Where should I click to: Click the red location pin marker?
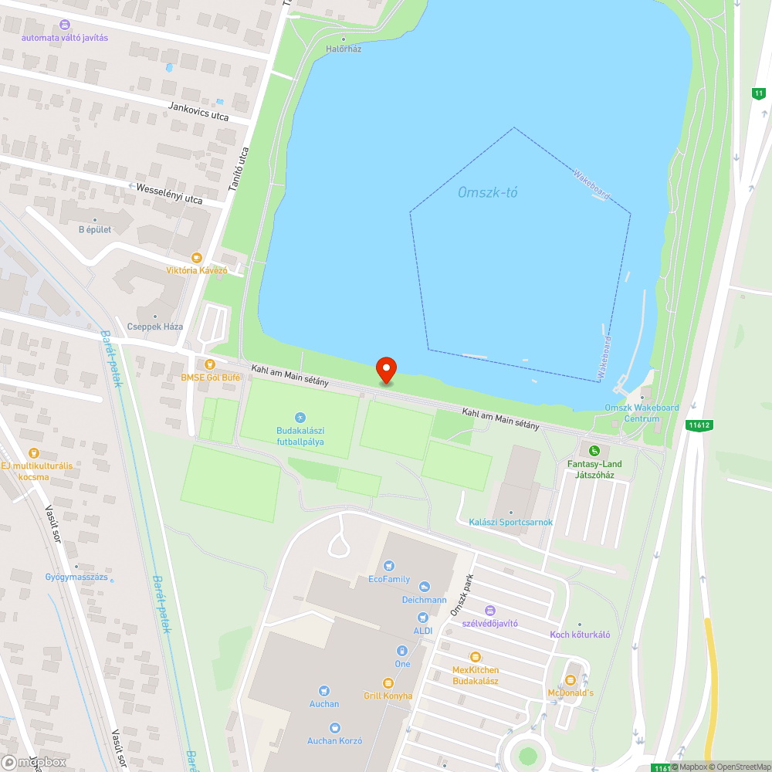pyautogui.click(x=385, y=370)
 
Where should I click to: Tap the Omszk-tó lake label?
pyautogui.click(x=488, y=191)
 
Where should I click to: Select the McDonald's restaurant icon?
pyautogui.click(x=571, y=680)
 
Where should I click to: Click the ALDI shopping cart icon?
pyautogui.click(x=422, y=618)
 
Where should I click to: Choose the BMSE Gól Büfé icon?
pyautogui.click(x=209, y=364)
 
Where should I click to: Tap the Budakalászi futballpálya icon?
pyautogui.click(x=300, y=418)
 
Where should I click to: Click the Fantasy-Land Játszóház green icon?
pyautogui.click(x=594, y=451)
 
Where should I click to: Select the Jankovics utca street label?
pyautogui.click(x=198, y=111)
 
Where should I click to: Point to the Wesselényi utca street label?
pyautogui.click(x=169, y=194)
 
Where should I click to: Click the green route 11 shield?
pyautogui.click(x=759, y=93)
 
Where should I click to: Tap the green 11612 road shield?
pyautogui.click(x=698, y=425)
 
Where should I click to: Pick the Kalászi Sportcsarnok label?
pyautogui.click(x=511, y=522)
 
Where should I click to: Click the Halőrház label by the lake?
pyautogui.click(x=344, y=49)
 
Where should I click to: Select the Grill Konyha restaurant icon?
pyautogui.click(x=388, y=683)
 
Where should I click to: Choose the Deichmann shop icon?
pyautogui.click(x=425, y=587)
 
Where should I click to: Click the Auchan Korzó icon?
pyautogui.click(x=334, y=728)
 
